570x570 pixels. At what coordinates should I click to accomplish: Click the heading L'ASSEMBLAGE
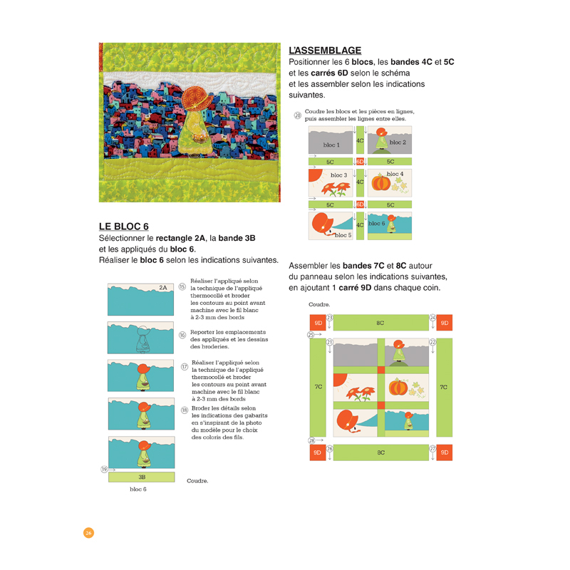pyautogui.click(x=325, y=51)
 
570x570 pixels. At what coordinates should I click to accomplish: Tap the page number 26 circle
pyautogui.click(x=88, y=533)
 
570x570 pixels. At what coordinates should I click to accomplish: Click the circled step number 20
pyautogui.click(x=297, y=115)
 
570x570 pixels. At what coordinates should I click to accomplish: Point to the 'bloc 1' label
pyautogui.click(x=331, y=145)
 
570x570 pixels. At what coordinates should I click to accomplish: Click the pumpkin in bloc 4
pyautogui.click(x=381, y=183)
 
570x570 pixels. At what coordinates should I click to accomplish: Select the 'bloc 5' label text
pyautogui.click(x=343, y=235)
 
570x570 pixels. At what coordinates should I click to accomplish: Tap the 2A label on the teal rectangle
pyautogui.click(x=163, y=288)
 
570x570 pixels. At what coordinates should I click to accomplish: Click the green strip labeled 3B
pyautogui.click(x=141, y=477)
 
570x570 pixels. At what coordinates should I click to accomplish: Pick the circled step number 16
pyautogui.click(x=182, y=335)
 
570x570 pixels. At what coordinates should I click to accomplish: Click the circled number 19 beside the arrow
pyautogui.click(x=105, y=469)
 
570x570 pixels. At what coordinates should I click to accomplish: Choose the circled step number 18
pyautogui.click(x=184, y=410)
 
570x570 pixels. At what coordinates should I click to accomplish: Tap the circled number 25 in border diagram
pyautogui.click(x=311, y=334)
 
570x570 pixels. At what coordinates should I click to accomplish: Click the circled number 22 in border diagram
pyautogui.click(x=432, y=342)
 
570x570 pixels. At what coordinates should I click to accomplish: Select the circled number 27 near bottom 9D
pyautogui.click(x=432, y=448)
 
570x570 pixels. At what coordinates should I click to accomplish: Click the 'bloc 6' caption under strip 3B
pyautogui.click(x=138, y=489)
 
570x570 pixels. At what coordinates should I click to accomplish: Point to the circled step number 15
pyautogui.click(x=182, y=286)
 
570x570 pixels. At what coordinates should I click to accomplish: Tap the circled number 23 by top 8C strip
pyautogui.click(x=329, y=318)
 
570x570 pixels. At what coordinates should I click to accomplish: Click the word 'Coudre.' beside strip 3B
pyautogui.click(x=197, y=481)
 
